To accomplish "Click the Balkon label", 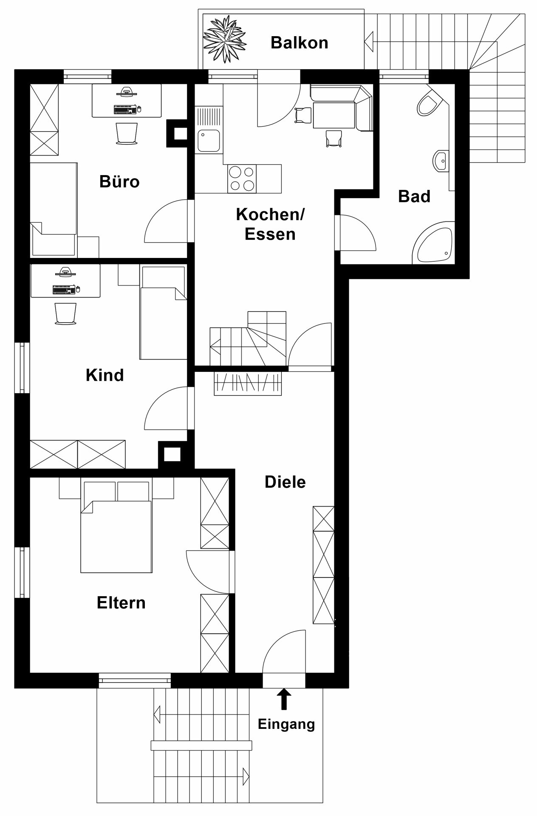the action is coord(299,42).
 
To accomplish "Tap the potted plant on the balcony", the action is coord(224,39).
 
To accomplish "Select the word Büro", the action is coord(119,181).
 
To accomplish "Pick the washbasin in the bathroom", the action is coord(441,161).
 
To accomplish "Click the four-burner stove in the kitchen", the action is coord(242,178).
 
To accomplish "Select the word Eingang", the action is coord(286,724).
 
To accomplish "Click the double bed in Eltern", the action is coord(116,527).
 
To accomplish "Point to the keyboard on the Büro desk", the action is coord(125,110).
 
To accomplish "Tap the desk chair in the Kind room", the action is coord(65,314).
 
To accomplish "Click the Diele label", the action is coord(285,482).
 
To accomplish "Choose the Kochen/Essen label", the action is coord(270,224).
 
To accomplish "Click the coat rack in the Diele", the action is coord(248,384).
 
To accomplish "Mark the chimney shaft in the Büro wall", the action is coord(177,133).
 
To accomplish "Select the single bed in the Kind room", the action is coord(164,313).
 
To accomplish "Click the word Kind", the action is coord(105,375).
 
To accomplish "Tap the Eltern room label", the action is coord(121,603).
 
